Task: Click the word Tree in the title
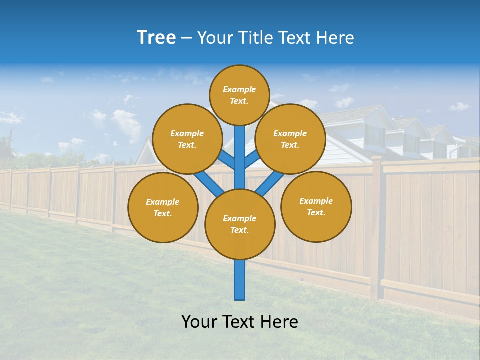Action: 156,38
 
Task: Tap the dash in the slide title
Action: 186,38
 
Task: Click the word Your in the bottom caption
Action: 199,322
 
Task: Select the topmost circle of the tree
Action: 239,95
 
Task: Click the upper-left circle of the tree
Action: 187,139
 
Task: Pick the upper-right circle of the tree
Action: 290,139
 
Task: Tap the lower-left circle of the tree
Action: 163,207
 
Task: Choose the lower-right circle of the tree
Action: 316,206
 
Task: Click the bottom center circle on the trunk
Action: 240,224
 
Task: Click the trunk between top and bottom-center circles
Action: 240,157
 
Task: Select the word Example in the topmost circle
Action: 239,89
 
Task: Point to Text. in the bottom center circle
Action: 239,230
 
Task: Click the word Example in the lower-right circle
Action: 316,201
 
